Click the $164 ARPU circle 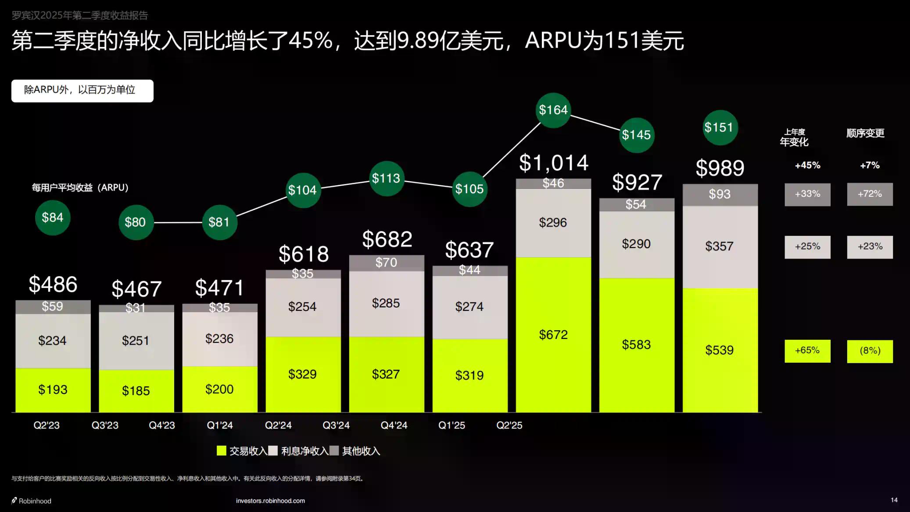553,110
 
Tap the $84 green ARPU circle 53,218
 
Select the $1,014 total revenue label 553,163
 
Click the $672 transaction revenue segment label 553,335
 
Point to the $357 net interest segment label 719,246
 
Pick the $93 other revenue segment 720,195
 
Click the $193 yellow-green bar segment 53,390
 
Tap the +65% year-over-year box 807,351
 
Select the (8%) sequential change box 870,351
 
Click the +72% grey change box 870,194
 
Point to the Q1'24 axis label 220,425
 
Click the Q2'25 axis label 509,425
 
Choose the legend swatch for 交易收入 222,451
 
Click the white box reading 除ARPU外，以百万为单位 82,90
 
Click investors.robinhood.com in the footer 270,501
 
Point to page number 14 894,500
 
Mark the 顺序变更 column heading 865,133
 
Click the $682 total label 387,240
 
